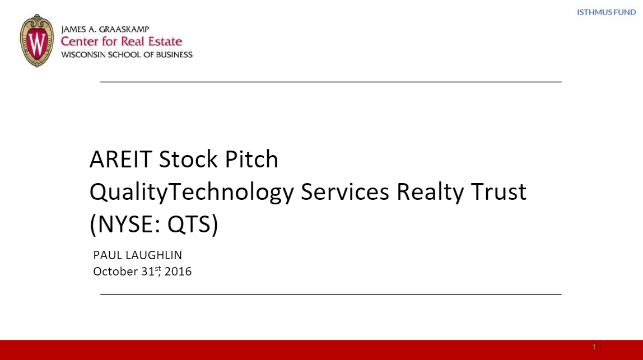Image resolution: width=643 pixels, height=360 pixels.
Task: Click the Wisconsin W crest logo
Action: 37,41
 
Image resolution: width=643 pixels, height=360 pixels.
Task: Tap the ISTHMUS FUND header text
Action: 606,12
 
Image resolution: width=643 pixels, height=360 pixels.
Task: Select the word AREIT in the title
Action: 120,160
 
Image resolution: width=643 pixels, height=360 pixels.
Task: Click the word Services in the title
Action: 345,192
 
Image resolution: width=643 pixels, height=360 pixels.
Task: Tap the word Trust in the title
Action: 499,192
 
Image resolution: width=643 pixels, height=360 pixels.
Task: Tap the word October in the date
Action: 115,272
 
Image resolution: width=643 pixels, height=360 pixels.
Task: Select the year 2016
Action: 178,272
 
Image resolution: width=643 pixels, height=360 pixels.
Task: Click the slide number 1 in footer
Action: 594,347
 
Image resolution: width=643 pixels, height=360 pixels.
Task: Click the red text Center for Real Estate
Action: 122,41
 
